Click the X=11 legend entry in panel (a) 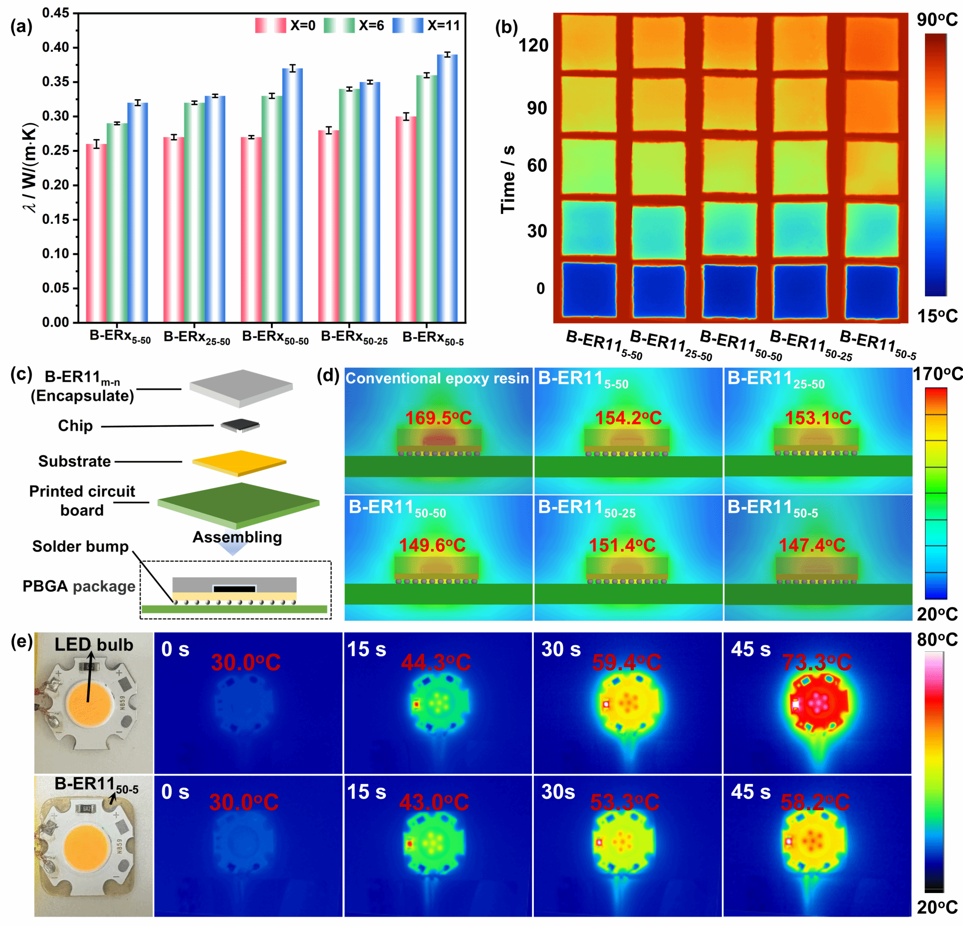pos(426,25)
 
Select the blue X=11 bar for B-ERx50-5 pos(447,188)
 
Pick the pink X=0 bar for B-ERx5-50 pos(96,233)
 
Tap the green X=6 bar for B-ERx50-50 pos(272,209)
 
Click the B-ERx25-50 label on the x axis pos(197,338)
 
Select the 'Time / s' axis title pos(507,179)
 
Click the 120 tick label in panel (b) pos(534,45)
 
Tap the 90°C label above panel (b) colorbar pos(937,20)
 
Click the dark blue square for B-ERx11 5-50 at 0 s pos(589,290)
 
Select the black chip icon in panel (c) pos(240,425)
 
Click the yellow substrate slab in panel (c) pos(239,463)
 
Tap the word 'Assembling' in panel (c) pos(237,537)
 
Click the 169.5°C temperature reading pos(438,418)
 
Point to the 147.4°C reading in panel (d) pos(812,545)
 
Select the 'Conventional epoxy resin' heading pos(437,378)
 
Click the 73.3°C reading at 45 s pos(817,663)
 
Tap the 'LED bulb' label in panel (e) pos(94,644)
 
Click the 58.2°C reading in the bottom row pos(815,803)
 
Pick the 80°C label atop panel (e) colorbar pos(937,640)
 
